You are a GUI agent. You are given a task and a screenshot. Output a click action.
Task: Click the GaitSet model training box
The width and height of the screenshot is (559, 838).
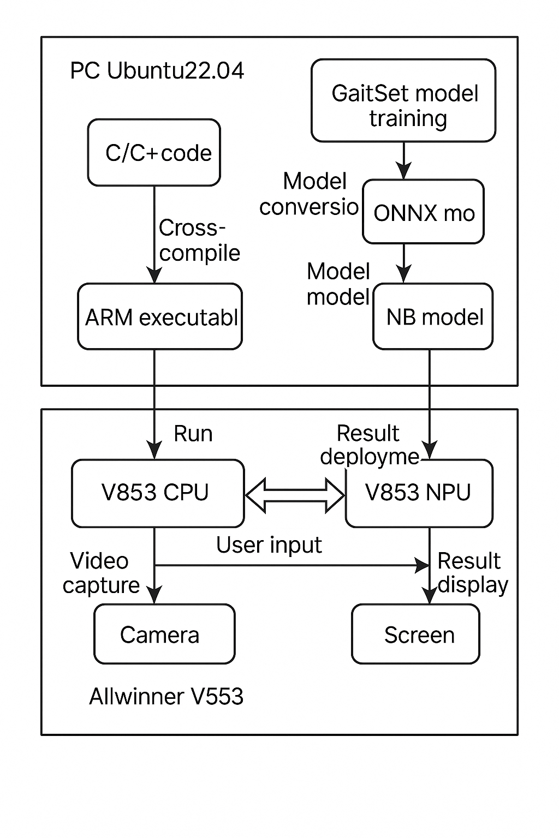[403, 101]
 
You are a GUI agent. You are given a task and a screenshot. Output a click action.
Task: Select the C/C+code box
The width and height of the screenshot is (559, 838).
[154, 153]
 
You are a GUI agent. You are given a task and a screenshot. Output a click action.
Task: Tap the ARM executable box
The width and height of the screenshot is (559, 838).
[160, 316]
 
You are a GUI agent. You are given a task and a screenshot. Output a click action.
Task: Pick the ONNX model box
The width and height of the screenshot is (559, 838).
[423, 212]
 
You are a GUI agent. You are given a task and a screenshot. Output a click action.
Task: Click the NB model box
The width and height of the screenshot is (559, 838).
[433, 316]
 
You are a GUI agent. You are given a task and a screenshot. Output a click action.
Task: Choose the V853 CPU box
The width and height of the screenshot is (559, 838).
[158, 493]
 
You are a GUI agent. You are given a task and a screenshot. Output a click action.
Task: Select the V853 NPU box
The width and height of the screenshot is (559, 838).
[419, 493]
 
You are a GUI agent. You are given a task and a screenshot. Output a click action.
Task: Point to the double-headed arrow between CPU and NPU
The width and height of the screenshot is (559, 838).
[295, 495]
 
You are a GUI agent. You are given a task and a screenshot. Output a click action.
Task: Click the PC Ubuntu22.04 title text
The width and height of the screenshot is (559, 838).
[157, 71]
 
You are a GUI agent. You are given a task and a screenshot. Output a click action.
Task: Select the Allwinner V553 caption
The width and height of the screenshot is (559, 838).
[166, 697]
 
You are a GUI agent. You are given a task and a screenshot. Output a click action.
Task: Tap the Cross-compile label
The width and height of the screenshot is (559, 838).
[199, 241]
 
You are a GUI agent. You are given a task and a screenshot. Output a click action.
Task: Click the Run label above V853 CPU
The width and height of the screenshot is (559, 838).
[193, 434]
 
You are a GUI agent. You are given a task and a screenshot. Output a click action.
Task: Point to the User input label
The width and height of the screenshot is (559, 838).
[269, 545]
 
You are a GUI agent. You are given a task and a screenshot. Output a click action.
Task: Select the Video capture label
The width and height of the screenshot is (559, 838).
[100, 573]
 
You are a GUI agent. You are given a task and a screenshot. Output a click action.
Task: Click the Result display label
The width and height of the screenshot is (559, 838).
[472, 573]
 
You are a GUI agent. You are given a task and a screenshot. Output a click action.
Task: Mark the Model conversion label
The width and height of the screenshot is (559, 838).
[309, 194]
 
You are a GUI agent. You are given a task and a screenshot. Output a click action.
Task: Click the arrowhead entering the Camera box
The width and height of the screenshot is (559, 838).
[154, 596]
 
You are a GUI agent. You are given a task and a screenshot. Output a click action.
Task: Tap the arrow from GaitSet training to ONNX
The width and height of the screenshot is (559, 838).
[403, 160]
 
